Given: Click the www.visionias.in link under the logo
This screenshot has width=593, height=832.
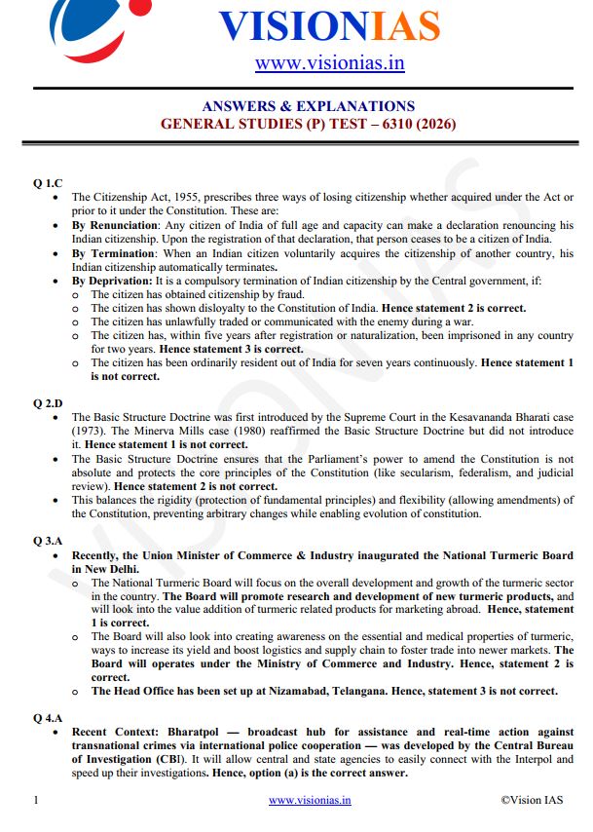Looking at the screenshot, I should [x=329, y=64].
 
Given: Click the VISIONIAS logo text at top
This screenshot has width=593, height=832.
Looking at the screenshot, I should [x=329, y=25].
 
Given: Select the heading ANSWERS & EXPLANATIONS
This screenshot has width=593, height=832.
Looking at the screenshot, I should [x=308, y=106].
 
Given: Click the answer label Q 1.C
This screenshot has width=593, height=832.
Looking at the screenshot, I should [x=48, y=182].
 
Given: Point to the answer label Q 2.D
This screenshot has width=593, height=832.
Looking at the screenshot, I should [x=48, y=401].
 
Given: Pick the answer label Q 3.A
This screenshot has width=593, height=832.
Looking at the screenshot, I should [x=48, y=540].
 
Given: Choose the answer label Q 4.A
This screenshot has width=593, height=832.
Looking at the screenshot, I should [x=48, y=717].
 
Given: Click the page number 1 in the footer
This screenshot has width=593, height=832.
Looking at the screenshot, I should [x=35, y=800].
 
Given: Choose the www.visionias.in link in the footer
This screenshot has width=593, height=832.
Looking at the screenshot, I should [x=310, y=800].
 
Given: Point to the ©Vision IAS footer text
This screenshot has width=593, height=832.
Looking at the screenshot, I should [x=531, y=800].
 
